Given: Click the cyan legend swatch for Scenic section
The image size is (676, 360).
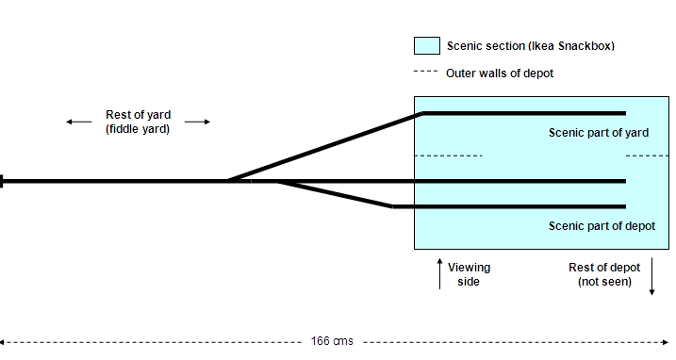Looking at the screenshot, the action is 427,45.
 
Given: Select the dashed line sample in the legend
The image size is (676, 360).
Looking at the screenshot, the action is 425,72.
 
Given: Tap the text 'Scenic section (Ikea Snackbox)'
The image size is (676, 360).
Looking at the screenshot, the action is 530,46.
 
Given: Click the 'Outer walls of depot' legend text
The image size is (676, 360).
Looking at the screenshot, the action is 500,74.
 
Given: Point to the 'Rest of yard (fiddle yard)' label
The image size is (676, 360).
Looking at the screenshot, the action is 138,122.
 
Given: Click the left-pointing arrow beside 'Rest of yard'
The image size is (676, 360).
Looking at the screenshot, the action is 79,122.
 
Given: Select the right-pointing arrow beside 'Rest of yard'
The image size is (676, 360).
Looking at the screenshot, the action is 197,122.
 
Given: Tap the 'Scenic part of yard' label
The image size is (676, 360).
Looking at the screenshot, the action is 599,133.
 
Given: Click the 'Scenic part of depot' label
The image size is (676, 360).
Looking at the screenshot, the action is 602,226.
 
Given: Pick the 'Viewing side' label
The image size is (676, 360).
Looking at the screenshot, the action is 470,274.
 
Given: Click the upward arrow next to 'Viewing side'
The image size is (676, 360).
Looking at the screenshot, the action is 439,273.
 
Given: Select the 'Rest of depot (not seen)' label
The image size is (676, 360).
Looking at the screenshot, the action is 604,274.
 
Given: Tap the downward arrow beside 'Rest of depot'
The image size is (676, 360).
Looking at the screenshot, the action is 651,276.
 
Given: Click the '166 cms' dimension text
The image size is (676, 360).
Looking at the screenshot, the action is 332,341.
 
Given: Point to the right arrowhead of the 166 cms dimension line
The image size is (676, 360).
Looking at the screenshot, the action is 666,342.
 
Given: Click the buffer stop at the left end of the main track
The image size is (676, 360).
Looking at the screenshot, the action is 2,181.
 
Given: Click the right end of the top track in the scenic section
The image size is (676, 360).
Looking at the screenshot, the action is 625,113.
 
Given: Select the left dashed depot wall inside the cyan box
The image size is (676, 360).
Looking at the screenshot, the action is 448,155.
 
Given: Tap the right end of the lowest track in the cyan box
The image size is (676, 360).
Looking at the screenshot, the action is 625,207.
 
